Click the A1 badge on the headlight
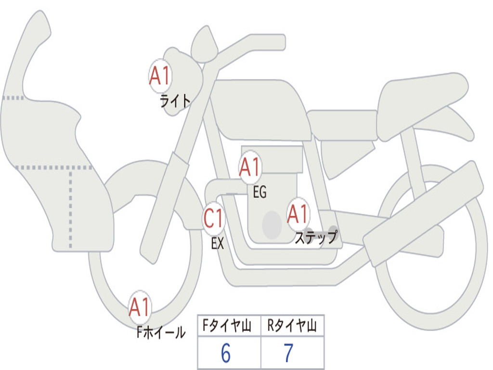[160, 76]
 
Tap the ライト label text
[175, 101]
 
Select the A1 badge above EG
[250, 168]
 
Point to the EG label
[259, 193]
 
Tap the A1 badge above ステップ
[298, 214]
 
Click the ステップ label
[316, 238]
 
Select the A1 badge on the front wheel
[140, 307]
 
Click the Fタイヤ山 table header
[229, 327]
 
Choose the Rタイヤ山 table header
[292, 327]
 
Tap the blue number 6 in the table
[226, 354]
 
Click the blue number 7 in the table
[288, 354]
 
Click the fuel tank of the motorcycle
[260, 108]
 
